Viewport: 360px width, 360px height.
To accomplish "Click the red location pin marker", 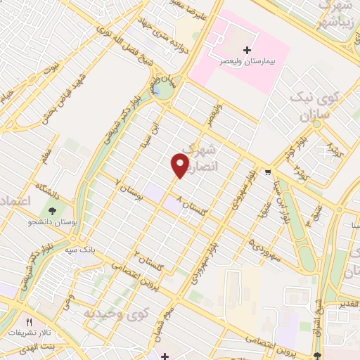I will (180, 166).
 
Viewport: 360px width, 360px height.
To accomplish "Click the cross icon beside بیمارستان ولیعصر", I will (246, 50).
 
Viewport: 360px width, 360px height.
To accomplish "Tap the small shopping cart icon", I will (268, 172).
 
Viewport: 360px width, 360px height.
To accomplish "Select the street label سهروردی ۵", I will (262, 247).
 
